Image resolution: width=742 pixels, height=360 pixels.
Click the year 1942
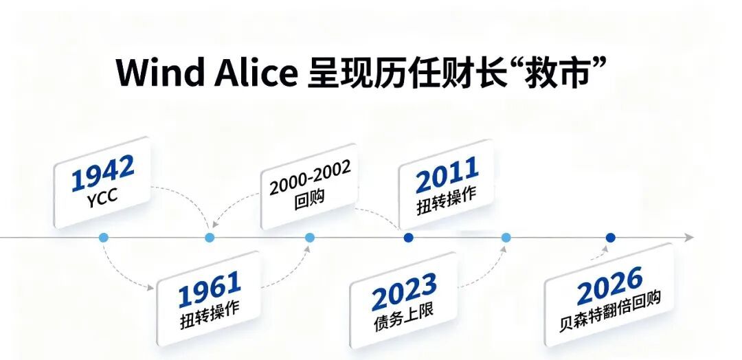click(x=102, y=173)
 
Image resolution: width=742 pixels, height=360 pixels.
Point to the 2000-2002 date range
click(x=310, y=177)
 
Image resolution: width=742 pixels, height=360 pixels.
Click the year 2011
click(x=447, y=175)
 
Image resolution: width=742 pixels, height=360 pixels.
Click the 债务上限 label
click(x=403, y=317)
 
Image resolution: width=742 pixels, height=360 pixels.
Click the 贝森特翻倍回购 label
click(x=609, y=312)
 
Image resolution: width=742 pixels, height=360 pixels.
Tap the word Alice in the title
click(x=256, y=73)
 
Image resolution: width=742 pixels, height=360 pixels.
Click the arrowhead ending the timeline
click(x=690, y=238)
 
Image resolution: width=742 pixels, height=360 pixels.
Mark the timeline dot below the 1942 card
click(x=104, y=238)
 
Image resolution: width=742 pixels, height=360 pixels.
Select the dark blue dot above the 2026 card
click(x=611, y=238)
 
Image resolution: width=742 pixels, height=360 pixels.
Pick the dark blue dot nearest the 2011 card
click(x=408, y=238)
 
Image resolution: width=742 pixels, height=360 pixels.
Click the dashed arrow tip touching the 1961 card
click(x=152, y=287)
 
